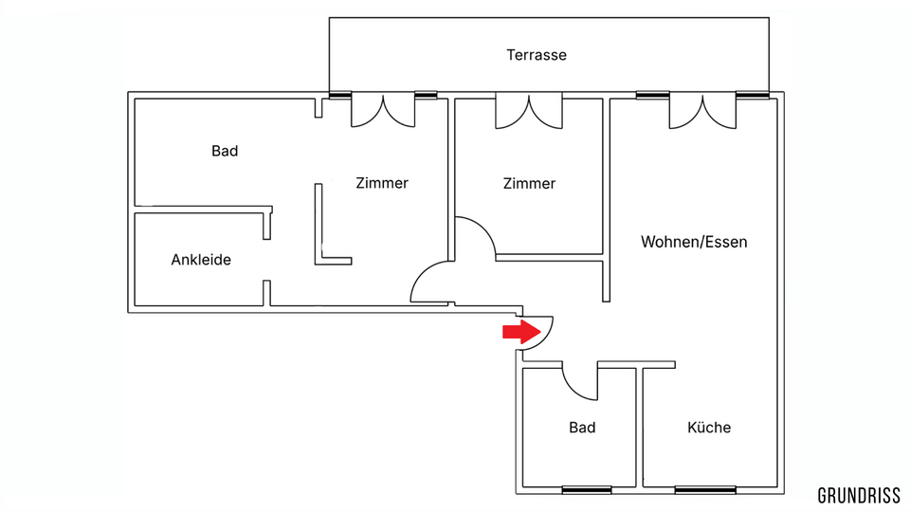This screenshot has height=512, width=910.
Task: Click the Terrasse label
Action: pos(537,55)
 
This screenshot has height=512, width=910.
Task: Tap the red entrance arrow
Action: pos(521,332)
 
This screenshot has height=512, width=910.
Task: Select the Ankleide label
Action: pos(201,260)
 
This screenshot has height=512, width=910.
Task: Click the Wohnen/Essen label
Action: pos(694,242)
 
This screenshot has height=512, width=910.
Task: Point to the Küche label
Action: pos(709,428)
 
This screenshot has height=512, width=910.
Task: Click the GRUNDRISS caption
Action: pos(859,496)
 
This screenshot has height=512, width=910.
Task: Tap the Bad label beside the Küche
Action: pos(582,428)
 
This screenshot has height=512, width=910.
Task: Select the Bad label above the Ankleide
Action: pos(225,151)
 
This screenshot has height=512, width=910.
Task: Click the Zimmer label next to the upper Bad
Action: pos(382,183)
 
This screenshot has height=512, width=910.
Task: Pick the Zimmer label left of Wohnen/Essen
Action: pos(529,184)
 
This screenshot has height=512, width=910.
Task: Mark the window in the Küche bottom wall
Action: pos(705,490)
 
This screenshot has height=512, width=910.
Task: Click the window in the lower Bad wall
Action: pos(587,490)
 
